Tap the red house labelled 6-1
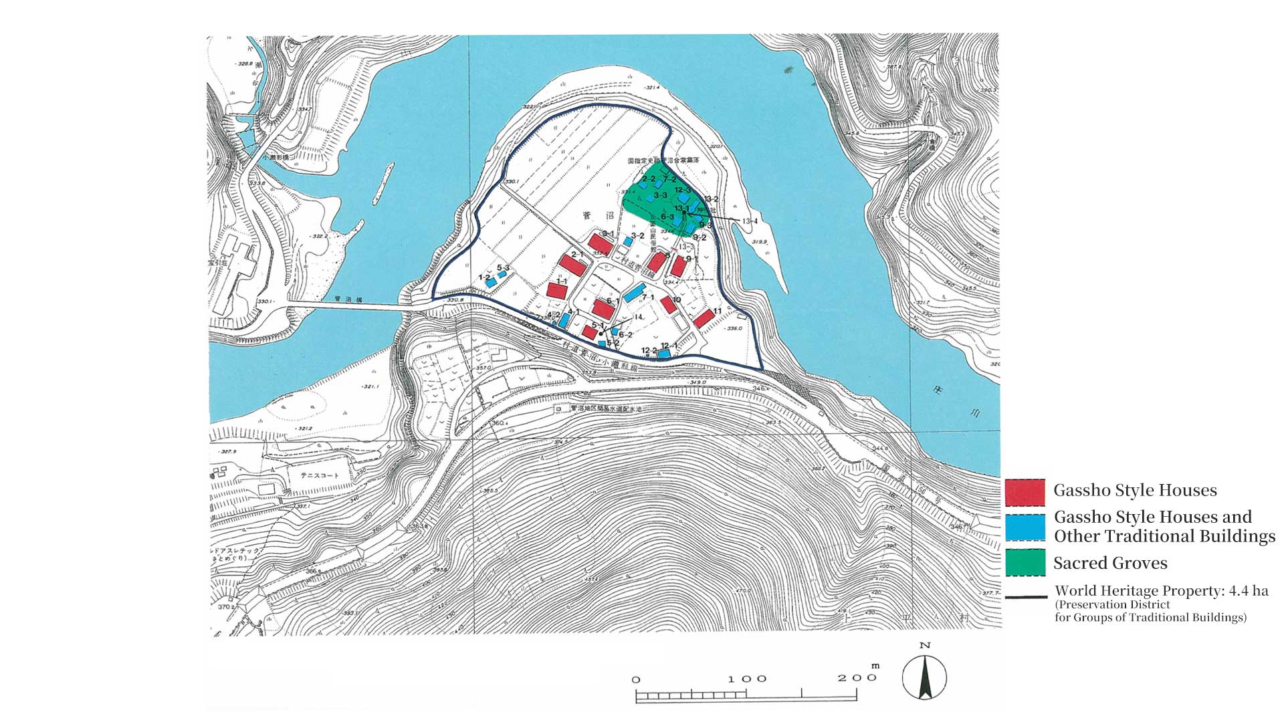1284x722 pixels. click(x=603, y=309)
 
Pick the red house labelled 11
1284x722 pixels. click(x=703, y=318)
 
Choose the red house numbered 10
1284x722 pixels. click(x=667, y=306)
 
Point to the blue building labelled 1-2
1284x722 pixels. click(x=491, y=283)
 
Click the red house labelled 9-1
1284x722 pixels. click(x=679, y=266)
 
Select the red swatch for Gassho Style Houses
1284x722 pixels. click(x=1025, y=493)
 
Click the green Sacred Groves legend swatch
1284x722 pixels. click(x=1025, y=562)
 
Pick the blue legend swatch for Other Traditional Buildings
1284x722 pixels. click(x=1025, y=527)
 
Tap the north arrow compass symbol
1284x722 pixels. click(x=924, y=677)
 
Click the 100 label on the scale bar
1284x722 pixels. click(x=747, y=679)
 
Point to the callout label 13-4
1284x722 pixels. click(x=750, y=221)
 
